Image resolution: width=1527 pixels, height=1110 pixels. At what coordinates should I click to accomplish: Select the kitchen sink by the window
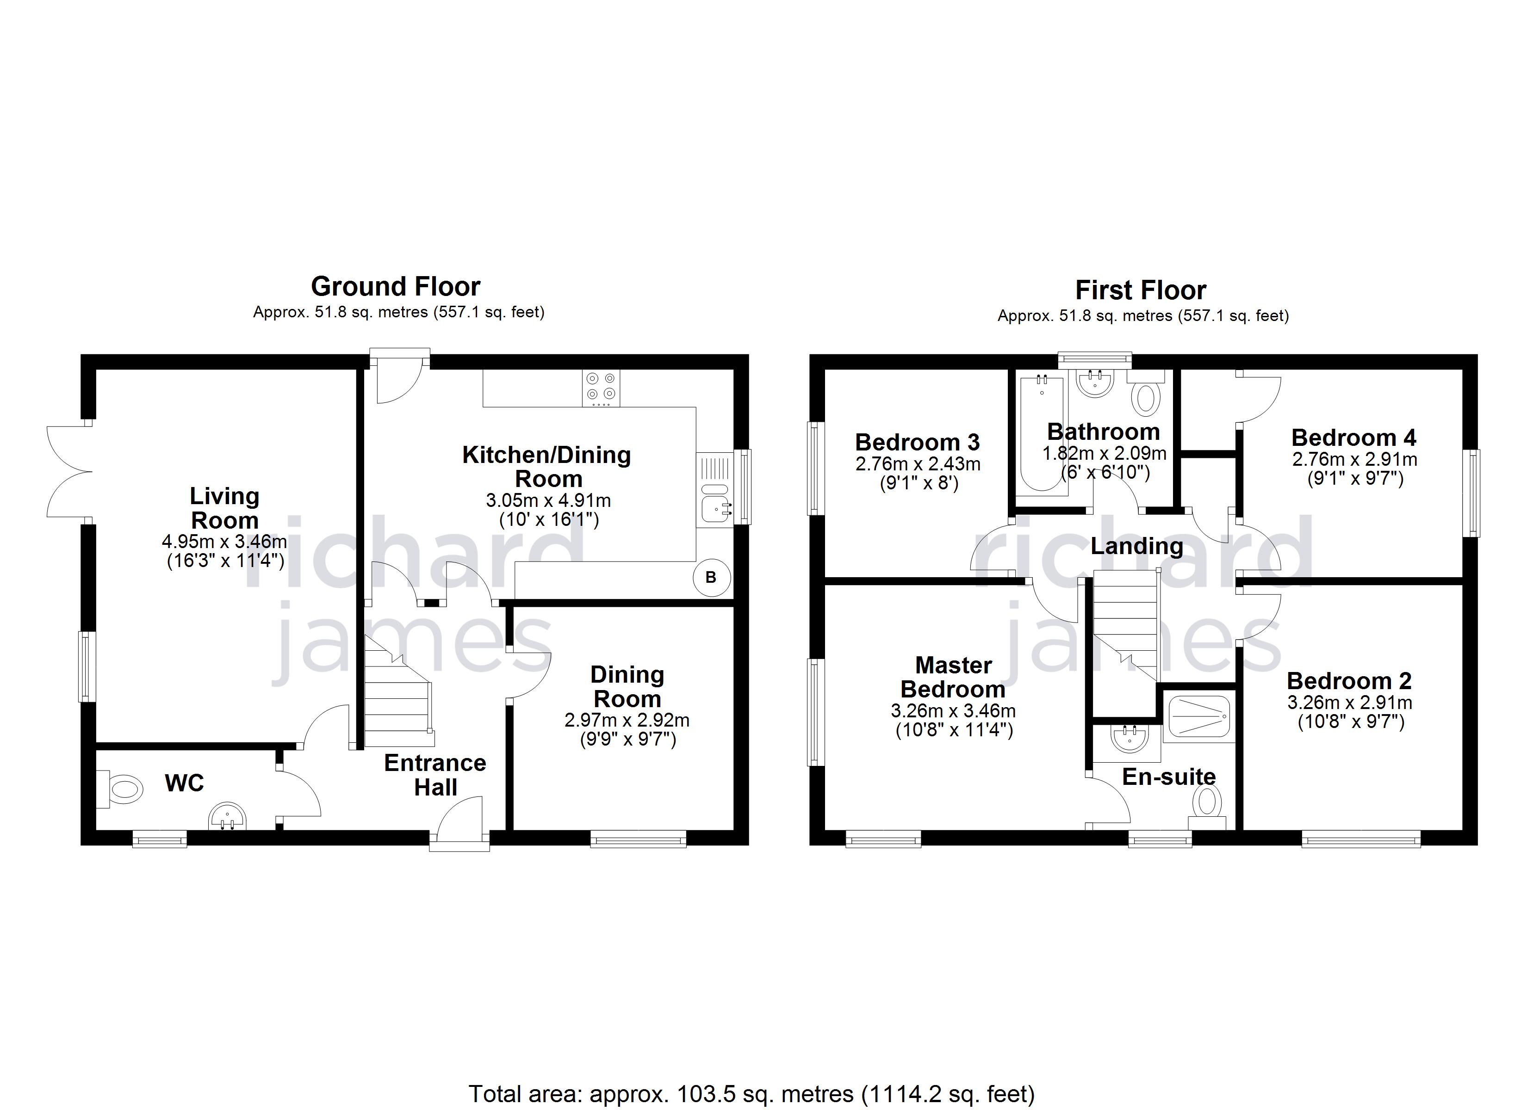coord(715,510)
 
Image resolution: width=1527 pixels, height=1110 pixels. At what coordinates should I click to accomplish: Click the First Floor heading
coord(1141,290)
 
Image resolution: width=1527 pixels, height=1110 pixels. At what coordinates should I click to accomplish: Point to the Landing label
coord(1136,546)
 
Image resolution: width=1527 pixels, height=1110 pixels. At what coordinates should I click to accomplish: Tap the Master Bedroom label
coord(953,677)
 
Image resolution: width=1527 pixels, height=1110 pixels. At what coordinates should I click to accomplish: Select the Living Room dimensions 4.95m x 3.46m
coord(224,541)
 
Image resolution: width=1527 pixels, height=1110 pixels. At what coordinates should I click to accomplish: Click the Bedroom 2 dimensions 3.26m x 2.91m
coord(1350,703)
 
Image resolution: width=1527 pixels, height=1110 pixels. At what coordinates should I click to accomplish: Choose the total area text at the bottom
coord(751,1094)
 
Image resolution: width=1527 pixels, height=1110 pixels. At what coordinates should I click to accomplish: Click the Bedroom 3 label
coord(917,442)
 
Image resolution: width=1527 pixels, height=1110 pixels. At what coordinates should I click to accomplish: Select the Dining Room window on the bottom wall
coord(638,838)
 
